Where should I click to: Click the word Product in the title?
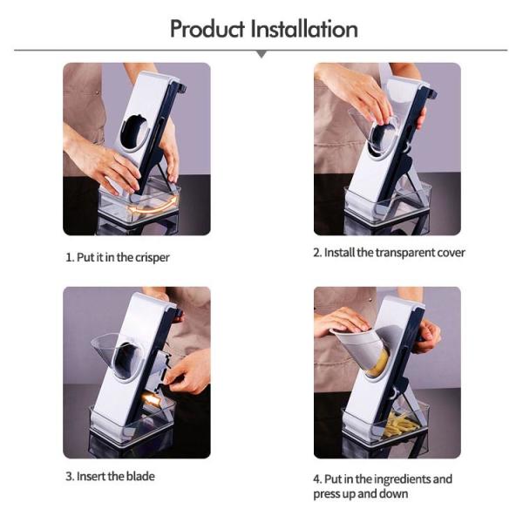(207, 29)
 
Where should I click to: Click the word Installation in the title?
(304, 29)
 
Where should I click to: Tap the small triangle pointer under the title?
(261, 55)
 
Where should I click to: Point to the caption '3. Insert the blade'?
(110, 476)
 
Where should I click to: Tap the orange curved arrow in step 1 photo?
(153, 207)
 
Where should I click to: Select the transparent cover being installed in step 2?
(375, 131)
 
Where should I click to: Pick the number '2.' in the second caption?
(317, 253)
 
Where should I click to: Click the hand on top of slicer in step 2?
(357, 87)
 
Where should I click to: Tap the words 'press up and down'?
(358, 494)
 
